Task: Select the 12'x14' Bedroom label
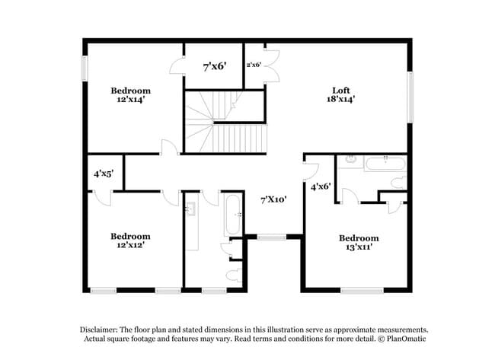pos(130,91)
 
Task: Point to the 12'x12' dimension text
pos(130,245)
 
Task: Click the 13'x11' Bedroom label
pos(359,238)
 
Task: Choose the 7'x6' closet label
pos(213,67)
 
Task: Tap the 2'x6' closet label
pos(254,65)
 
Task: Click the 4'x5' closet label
pos(104,174)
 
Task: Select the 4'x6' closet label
pos(321,185)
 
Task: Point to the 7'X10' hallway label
pos(273,199)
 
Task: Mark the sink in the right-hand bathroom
pos(350,160)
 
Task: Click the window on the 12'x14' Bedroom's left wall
pos(85,67)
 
